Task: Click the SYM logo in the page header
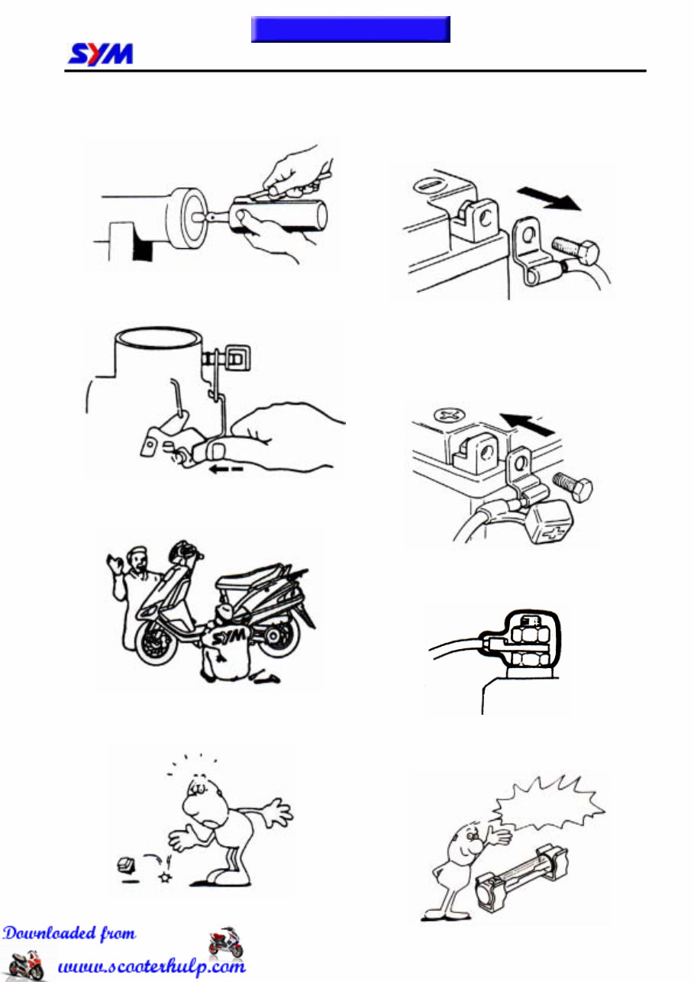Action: click(x=100, y=54)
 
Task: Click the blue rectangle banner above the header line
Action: click(x=350, y=29)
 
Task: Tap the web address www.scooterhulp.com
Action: click(x=152, y=966)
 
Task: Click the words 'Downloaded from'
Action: click(x=69, y=934)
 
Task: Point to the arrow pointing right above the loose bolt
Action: click(x=549, y=198)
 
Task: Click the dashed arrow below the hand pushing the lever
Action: click(x=226, y=470)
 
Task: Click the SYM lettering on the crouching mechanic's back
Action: click(x=229, y=636)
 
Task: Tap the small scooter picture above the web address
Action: click(x=225, y=942)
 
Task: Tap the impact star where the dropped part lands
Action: click(x=166, y=877)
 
